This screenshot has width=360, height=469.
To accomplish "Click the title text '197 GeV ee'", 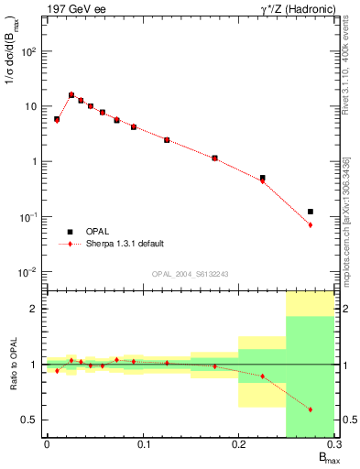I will [x=74, y=9].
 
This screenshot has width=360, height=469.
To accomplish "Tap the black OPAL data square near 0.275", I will [x=311, y=212].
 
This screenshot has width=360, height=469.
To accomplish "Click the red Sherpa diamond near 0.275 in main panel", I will [x=311, y=224].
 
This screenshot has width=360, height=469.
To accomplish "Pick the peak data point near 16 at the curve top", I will [x=71, y=94].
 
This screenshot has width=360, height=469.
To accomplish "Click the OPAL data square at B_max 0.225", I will [x=263, y=178].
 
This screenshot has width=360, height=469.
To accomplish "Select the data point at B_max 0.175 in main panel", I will [x=214, y=158].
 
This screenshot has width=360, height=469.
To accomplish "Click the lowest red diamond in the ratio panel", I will [x=311, y=409].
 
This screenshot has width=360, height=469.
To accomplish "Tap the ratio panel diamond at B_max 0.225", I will [x=263, y=376].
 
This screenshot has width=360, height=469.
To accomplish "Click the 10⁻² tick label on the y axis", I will [x=27, y=272].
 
